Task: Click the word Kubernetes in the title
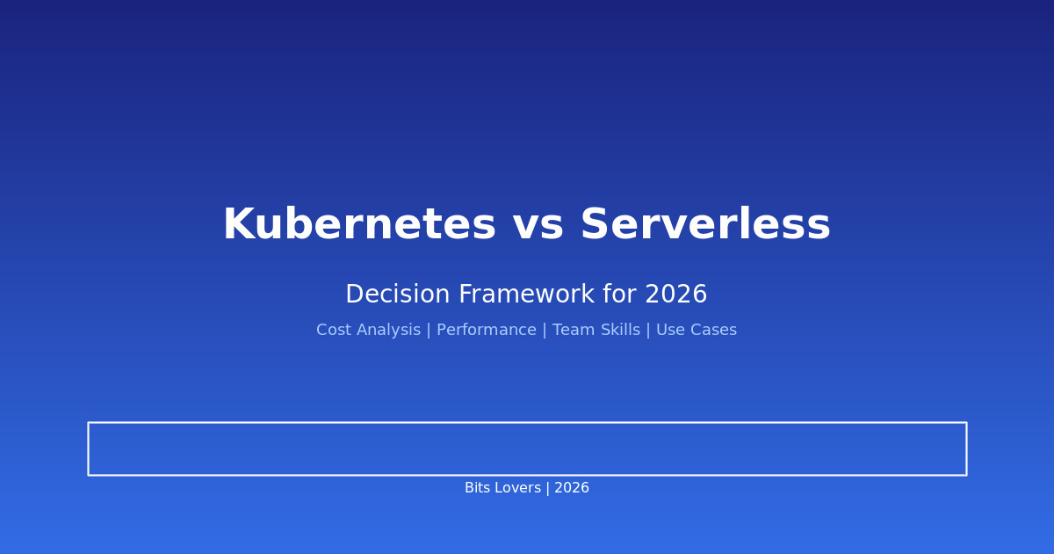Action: coord(359,226)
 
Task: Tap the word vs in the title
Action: coord(538,226)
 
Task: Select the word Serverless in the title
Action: coord(704,226)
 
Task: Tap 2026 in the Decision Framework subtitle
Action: coord(676,295)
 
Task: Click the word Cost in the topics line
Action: coord(333,331)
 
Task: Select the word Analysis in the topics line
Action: coord(386,331)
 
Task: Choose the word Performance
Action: coord(486,331)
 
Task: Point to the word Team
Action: coord(572,331)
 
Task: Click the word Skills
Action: coord(618,331)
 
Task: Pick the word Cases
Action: coord(713,331)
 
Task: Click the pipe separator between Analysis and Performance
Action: coord(429,331)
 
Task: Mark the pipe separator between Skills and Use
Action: coord(649,331)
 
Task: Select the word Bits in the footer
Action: coord(479,488)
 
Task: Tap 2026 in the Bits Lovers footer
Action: coord(572,488)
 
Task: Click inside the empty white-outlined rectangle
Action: coord(527,448)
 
